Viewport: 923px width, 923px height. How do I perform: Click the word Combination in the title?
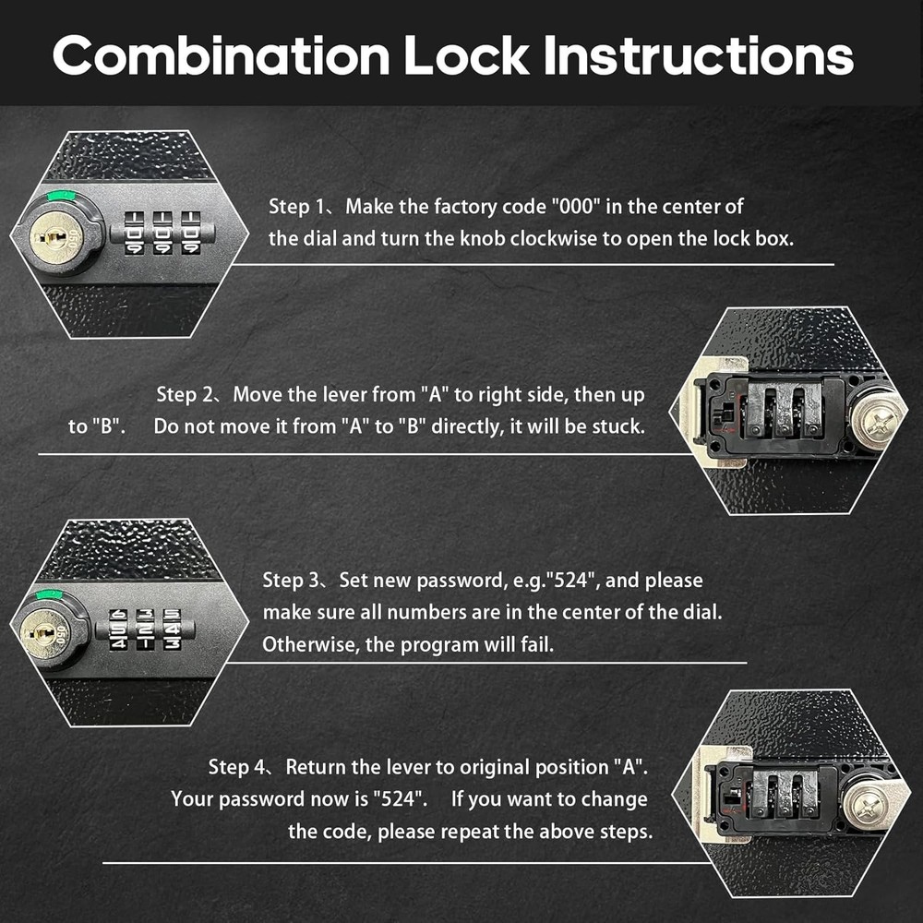click(222, 57)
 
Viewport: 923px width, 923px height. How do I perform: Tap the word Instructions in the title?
click(699, 57)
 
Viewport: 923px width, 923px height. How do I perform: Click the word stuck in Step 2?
click(620, 427)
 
